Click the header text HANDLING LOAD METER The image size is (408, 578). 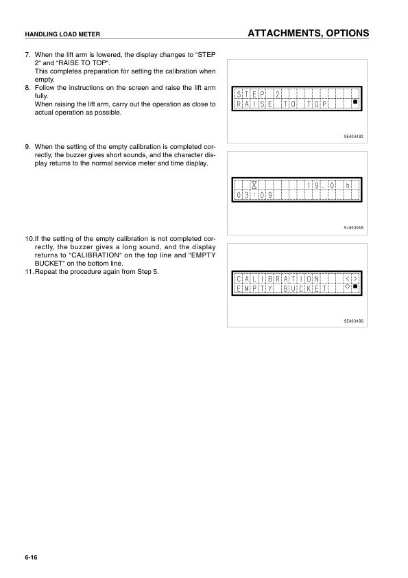[58, 34]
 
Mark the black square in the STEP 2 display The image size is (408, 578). [355, 104]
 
